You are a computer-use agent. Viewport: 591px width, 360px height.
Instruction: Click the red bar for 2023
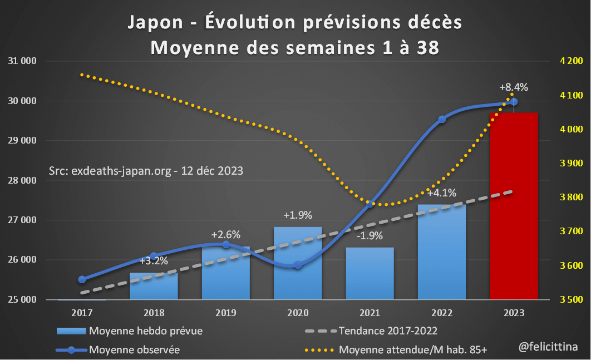513,206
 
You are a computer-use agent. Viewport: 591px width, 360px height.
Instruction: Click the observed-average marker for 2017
82,279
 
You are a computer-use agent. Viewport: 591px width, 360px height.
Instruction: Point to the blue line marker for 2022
442,119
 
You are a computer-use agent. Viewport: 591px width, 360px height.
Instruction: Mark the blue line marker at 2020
298,265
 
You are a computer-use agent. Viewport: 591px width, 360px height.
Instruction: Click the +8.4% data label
513,87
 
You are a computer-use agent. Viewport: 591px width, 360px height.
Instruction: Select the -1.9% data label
369,235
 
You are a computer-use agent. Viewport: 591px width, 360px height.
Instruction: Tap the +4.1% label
442,193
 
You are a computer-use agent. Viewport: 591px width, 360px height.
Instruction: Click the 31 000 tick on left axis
22,61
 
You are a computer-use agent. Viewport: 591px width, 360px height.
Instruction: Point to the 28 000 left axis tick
22,180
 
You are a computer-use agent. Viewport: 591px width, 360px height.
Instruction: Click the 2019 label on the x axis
225,313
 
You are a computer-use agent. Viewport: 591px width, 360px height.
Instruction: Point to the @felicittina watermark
548,347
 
